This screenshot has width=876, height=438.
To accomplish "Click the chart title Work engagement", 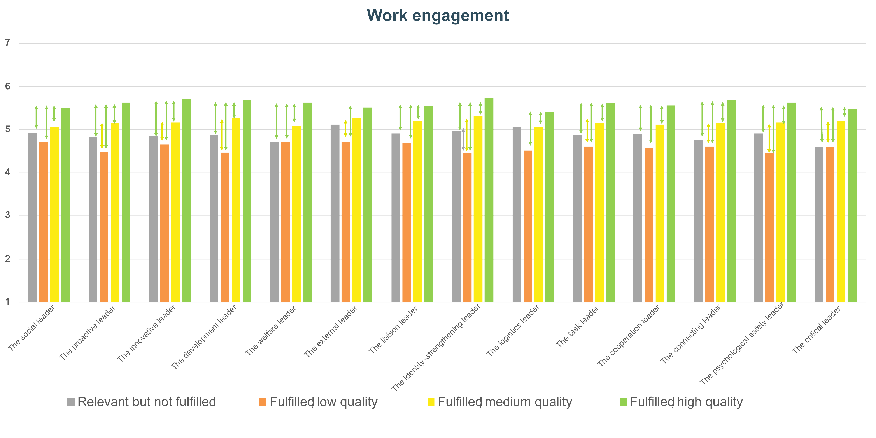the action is (438, 15).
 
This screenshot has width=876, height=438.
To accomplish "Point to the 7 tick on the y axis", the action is (7, 42).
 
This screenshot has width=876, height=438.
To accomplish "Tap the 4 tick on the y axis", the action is (7, 172).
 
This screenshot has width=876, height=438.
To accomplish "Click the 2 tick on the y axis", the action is (7, 259).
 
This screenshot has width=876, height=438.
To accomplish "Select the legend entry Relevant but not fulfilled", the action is (142, 402).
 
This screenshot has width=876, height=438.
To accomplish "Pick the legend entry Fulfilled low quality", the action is (318, 402).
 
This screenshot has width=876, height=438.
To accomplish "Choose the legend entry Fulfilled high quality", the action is (681, 402).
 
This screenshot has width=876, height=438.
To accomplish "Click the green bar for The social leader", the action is (65, 205).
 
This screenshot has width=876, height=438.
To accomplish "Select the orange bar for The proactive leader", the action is (104, 227).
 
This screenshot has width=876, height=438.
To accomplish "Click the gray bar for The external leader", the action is (335, 213).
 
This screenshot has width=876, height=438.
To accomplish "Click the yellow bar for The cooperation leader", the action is (660, 213).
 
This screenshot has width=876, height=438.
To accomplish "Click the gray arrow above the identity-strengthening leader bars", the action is (463, 139).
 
